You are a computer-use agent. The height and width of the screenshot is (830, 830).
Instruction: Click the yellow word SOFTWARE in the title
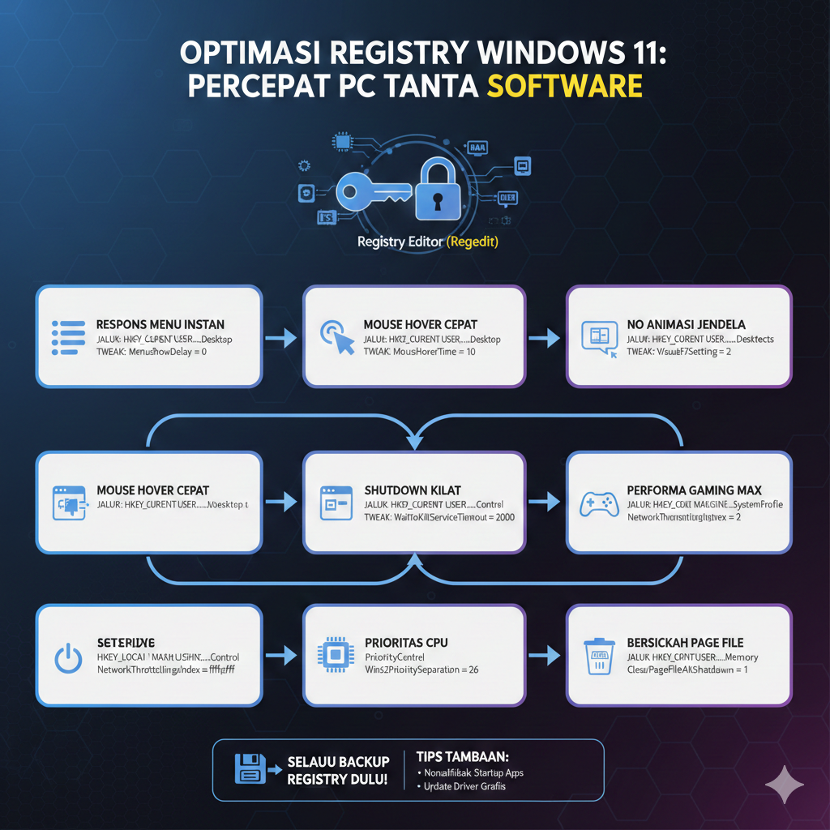point(565,86)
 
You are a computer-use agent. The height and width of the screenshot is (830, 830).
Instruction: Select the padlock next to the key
point(438,191)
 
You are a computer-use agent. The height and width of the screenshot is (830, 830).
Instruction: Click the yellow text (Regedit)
point(473,242)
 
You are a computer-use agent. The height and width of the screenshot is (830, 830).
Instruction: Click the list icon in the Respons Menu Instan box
point(68,336)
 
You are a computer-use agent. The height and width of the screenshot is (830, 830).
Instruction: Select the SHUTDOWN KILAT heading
point(413,490)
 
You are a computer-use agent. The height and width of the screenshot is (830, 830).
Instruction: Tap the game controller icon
point(597,504)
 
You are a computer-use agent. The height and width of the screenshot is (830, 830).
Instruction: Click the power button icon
point(68,657)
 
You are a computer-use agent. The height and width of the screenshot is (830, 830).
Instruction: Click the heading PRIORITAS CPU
point(406,643)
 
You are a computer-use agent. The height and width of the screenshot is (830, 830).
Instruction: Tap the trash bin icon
point(598,655)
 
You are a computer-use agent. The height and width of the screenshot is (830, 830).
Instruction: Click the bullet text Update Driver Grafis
point(464,786)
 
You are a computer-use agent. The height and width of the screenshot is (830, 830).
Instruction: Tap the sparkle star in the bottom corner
point(785,785)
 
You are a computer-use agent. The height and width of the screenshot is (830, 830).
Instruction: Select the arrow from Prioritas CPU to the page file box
point(545,653)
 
